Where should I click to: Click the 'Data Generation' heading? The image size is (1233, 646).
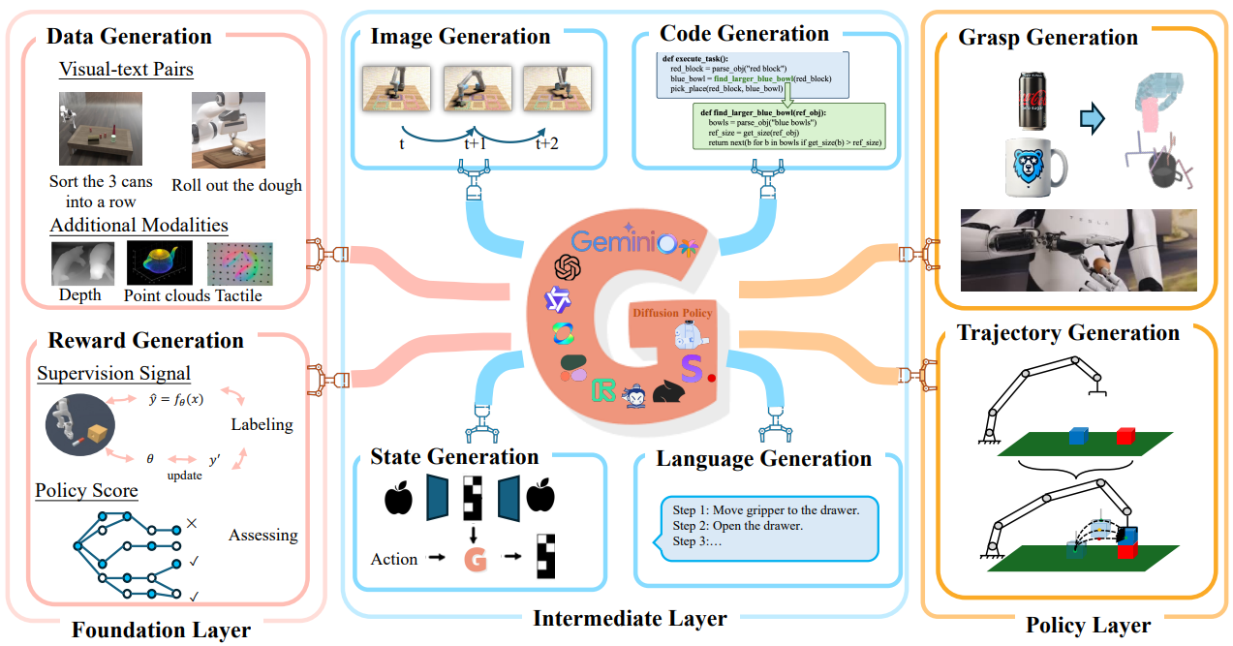pos(129,37)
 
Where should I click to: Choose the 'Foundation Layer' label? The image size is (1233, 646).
pos(161,630)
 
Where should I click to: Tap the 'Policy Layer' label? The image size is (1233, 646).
pos(1088,625)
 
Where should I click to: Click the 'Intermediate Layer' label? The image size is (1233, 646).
pos(630,618)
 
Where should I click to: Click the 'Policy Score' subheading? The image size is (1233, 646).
pos(86,491)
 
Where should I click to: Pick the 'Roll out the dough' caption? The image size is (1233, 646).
pos(236,185)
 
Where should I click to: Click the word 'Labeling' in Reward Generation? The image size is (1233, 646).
pos(262,424)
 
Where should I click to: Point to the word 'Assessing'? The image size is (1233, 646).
pos(262,535)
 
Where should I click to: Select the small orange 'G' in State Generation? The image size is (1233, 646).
pos(475,559)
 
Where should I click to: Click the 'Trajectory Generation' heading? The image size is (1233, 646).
pos(1067,333)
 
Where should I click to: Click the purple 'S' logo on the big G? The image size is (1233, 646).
pos(692,369)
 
